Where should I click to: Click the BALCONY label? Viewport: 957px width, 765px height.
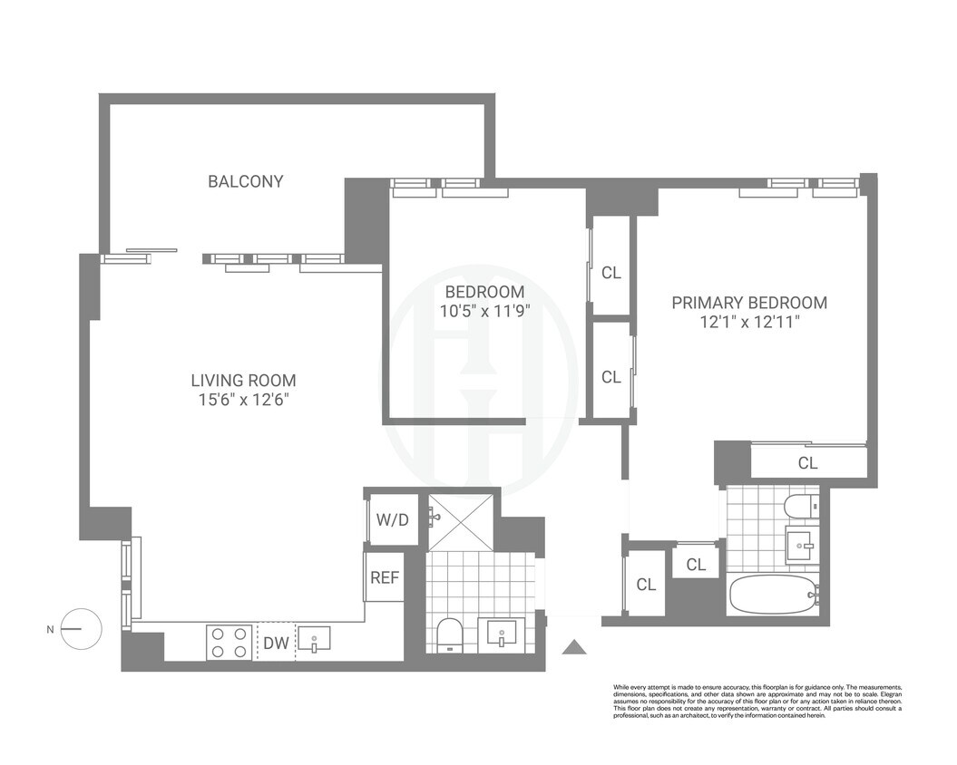coord(245,181)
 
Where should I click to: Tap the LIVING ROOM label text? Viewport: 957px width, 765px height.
coord(243,381)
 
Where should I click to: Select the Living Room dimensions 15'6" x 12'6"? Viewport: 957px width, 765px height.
coord(243,400)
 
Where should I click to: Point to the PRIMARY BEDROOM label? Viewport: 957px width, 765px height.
coord(749,303)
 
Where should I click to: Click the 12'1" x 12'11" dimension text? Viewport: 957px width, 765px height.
coord(749,322)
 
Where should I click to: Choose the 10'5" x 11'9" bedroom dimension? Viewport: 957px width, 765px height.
coord(484,310)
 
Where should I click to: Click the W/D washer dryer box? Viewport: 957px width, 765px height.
coord(392,519)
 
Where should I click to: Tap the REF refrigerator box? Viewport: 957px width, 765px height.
coord(385,577)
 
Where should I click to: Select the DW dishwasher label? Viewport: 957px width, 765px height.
coord(276,643)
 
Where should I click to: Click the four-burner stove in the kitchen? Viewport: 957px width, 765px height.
coord(229,642)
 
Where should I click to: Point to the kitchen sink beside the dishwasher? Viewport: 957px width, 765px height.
coord(314,640)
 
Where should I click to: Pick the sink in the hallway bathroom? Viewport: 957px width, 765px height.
coord(502,633)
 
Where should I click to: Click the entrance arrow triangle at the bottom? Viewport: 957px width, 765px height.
coord(574,646)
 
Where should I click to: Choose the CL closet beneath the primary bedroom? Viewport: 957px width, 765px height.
coord(807,463)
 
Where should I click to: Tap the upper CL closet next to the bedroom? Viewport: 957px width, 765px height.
coord(611,272)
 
